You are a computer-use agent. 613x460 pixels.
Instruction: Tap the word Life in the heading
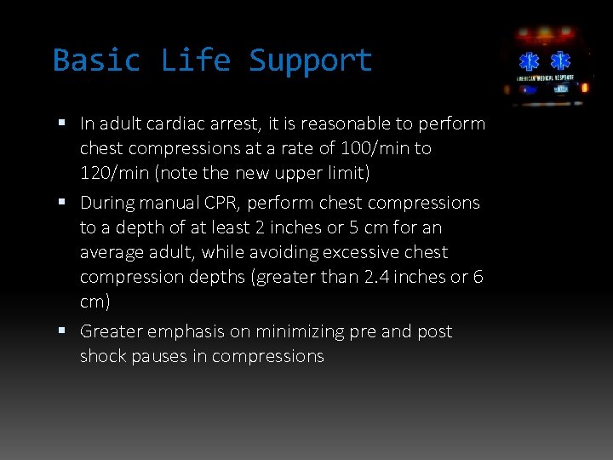pyautogui.click(x=195, y=60)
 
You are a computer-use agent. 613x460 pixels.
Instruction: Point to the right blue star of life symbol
pyautogui.click(x=560, y=62)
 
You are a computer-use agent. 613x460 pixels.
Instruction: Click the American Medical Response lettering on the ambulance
pyautogui.click(x=545, y=78)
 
